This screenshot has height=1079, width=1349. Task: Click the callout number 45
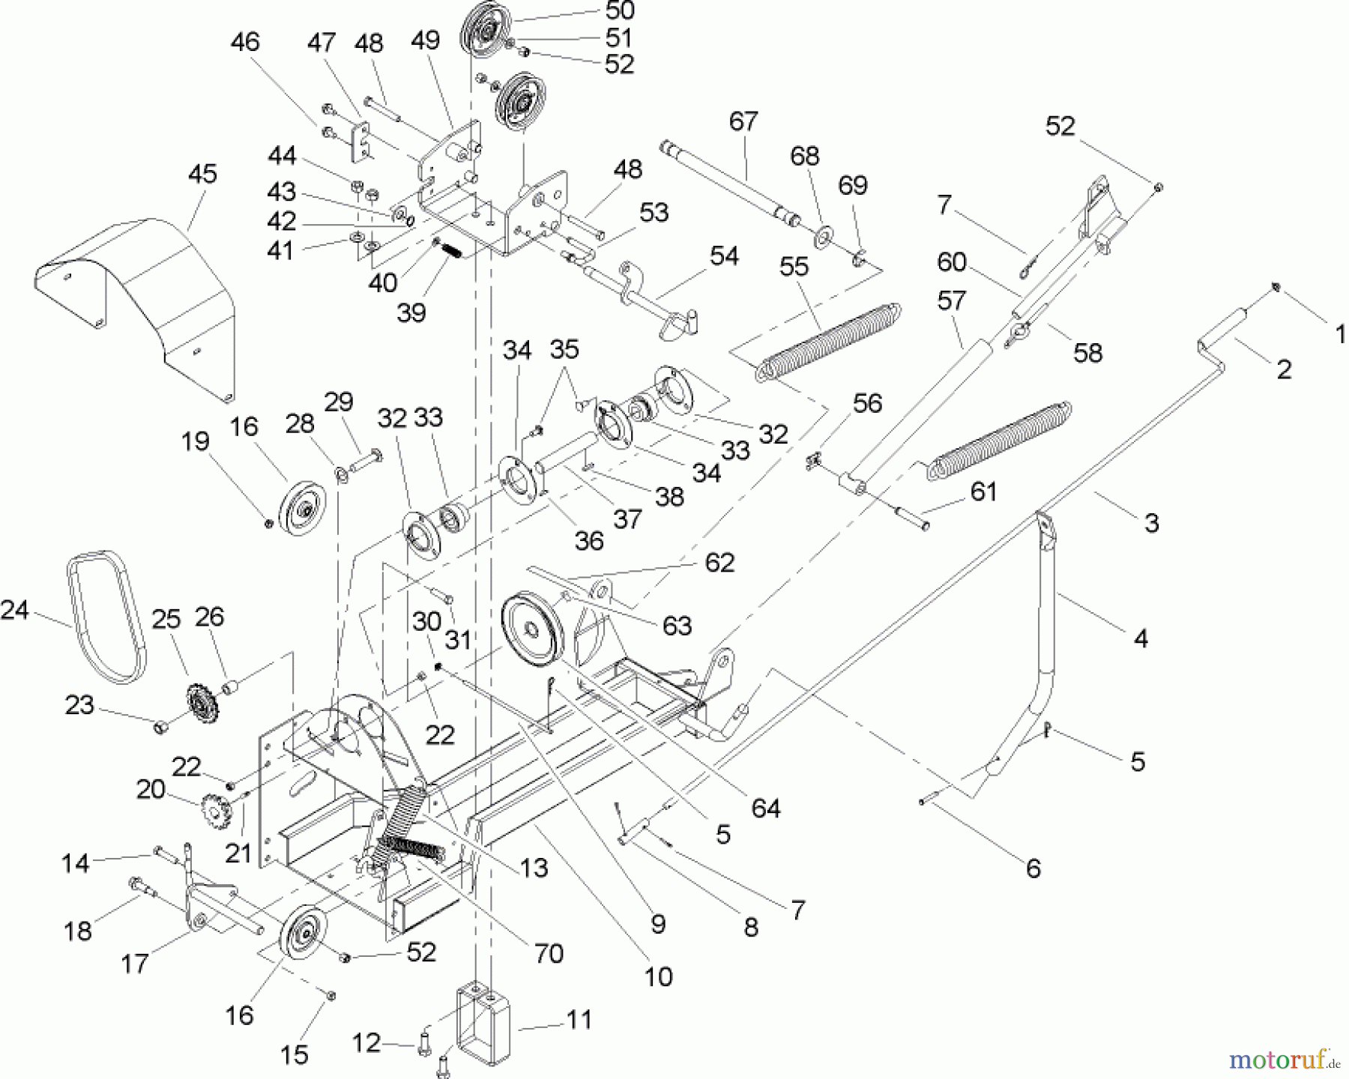pyautogui.click(x=202, y=174)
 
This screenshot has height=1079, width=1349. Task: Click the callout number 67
pyautogui.click(x=743, y=121)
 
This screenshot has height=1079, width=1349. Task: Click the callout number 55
pyautogui.click(x=794, y=266)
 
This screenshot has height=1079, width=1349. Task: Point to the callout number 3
pyautogui.click(x=1151, y=522)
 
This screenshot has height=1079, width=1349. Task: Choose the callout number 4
pyautogui.click(x=1140, y=638)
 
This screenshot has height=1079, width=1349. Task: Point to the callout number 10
pyautogui.click(x=659, y=976)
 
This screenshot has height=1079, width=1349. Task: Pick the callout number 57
pyautogui.click(x=952, y=301)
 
